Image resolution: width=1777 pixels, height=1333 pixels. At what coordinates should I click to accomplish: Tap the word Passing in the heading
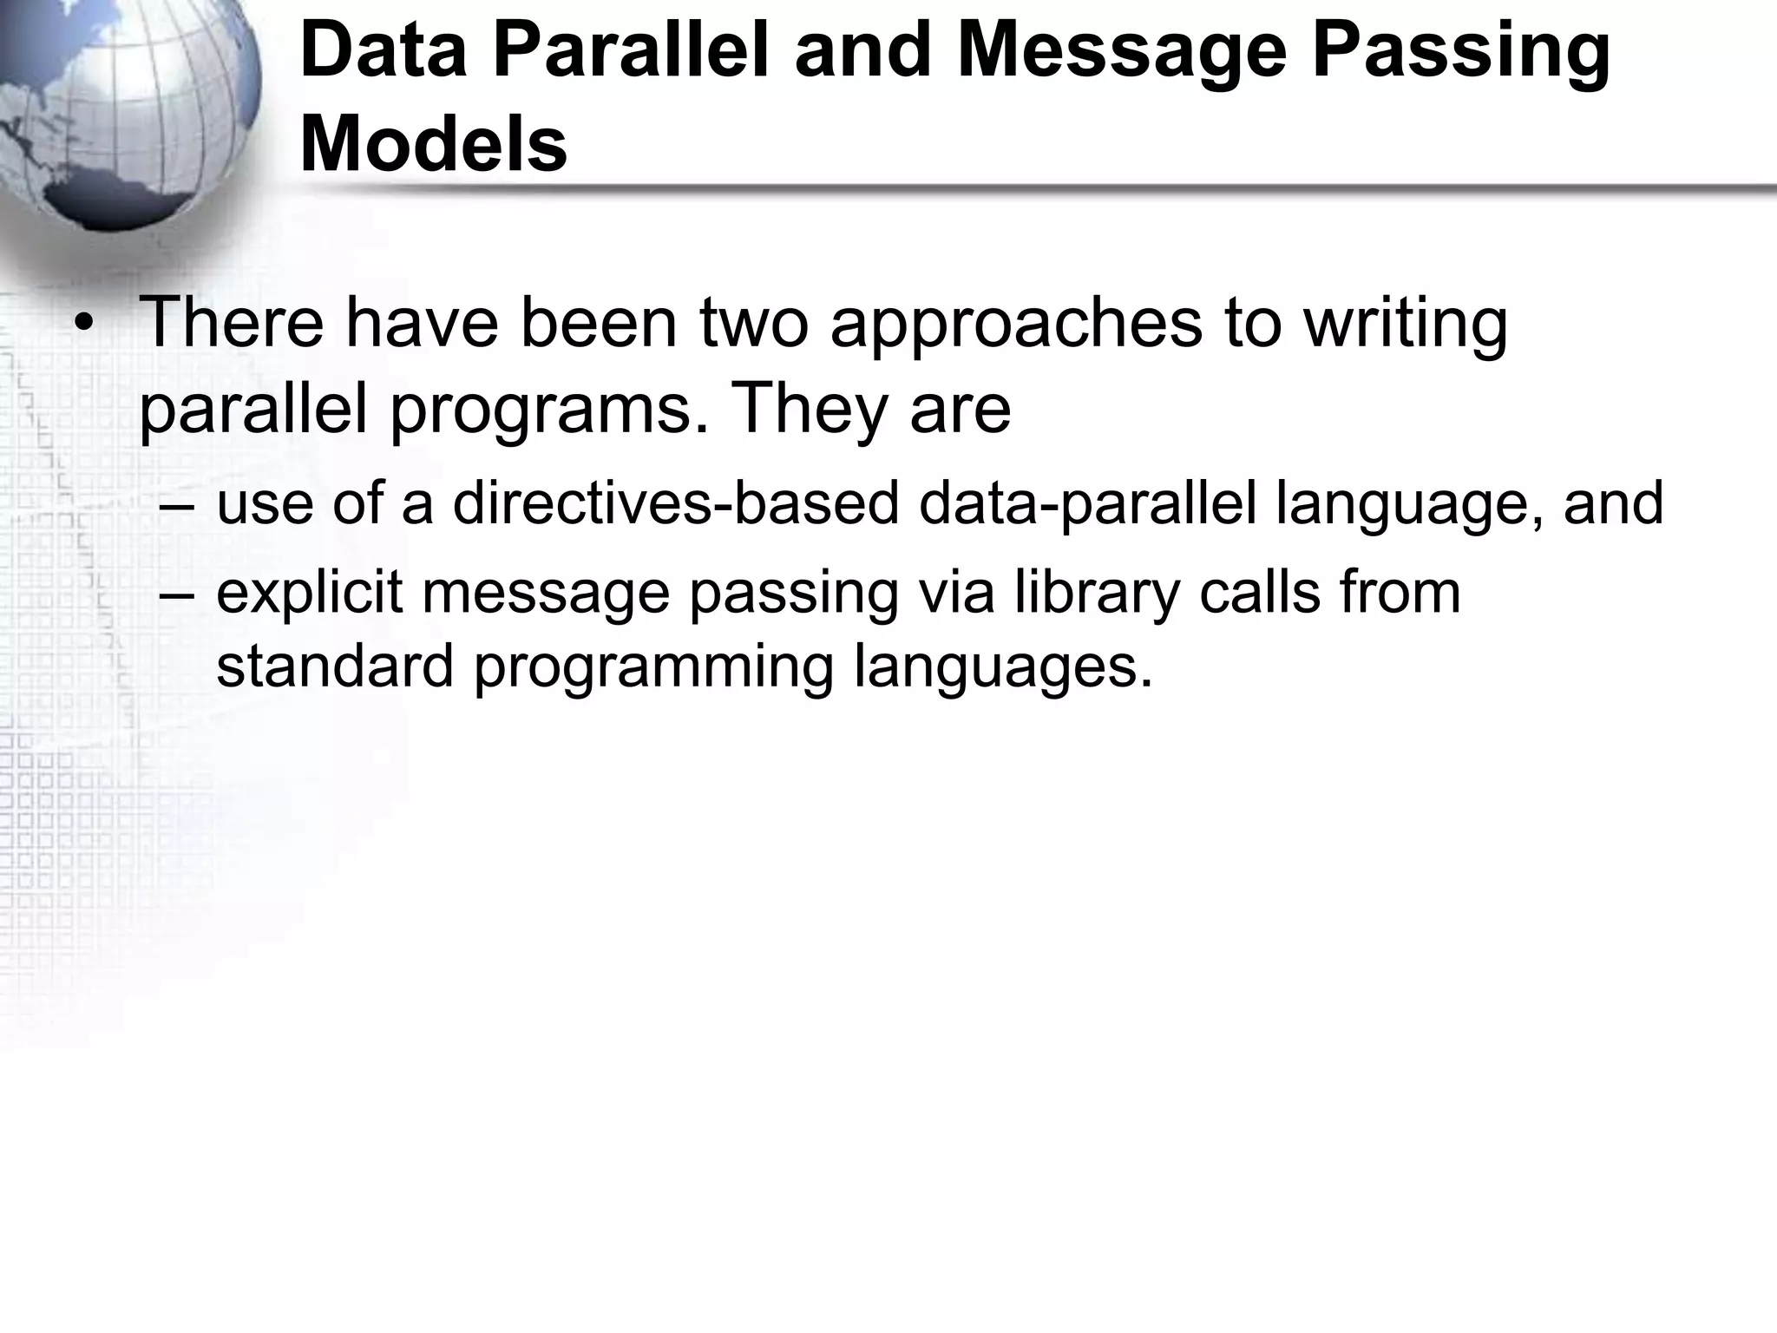click(x=1460, y=51)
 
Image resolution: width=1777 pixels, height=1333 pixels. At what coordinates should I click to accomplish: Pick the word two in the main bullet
click(x=753, y=323)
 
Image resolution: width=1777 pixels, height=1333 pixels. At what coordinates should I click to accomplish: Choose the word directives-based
click(x=676, y=503)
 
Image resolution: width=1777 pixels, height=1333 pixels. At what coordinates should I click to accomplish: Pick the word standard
click(x=335, y=666)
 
